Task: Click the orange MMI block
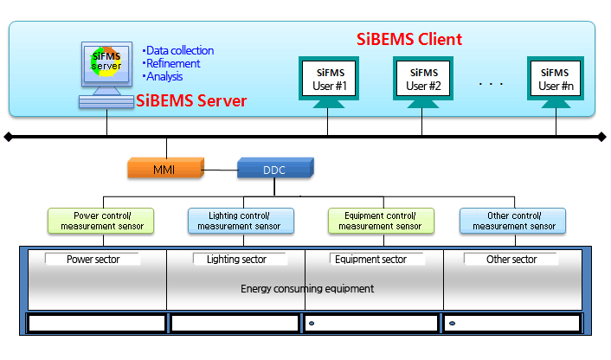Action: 165,168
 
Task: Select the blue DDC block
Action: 275,168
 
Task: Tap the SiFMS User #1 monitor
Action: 329,82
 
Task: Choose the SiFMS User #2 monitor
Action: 423,82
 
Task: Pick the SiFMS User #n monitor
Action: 556,82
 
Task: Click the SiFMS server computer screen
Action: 106,64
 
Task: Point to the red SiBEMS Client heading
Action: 409,39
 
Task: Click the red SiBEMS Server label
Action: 191,101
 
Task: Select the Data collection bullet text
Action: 178,51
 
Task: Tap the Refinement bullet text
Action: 171,63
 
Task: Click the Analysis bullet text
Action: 163,76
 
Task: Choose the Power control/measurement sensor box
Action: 101,221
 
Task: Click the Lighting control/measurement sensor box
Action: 241,221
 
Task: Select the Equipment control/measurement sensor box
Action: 381,221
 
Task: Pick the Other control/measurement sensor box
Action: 513,221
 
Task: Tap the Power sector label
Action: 93,259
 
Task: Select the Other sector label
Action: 511,259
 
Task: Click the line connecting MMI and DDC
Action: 221,170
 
